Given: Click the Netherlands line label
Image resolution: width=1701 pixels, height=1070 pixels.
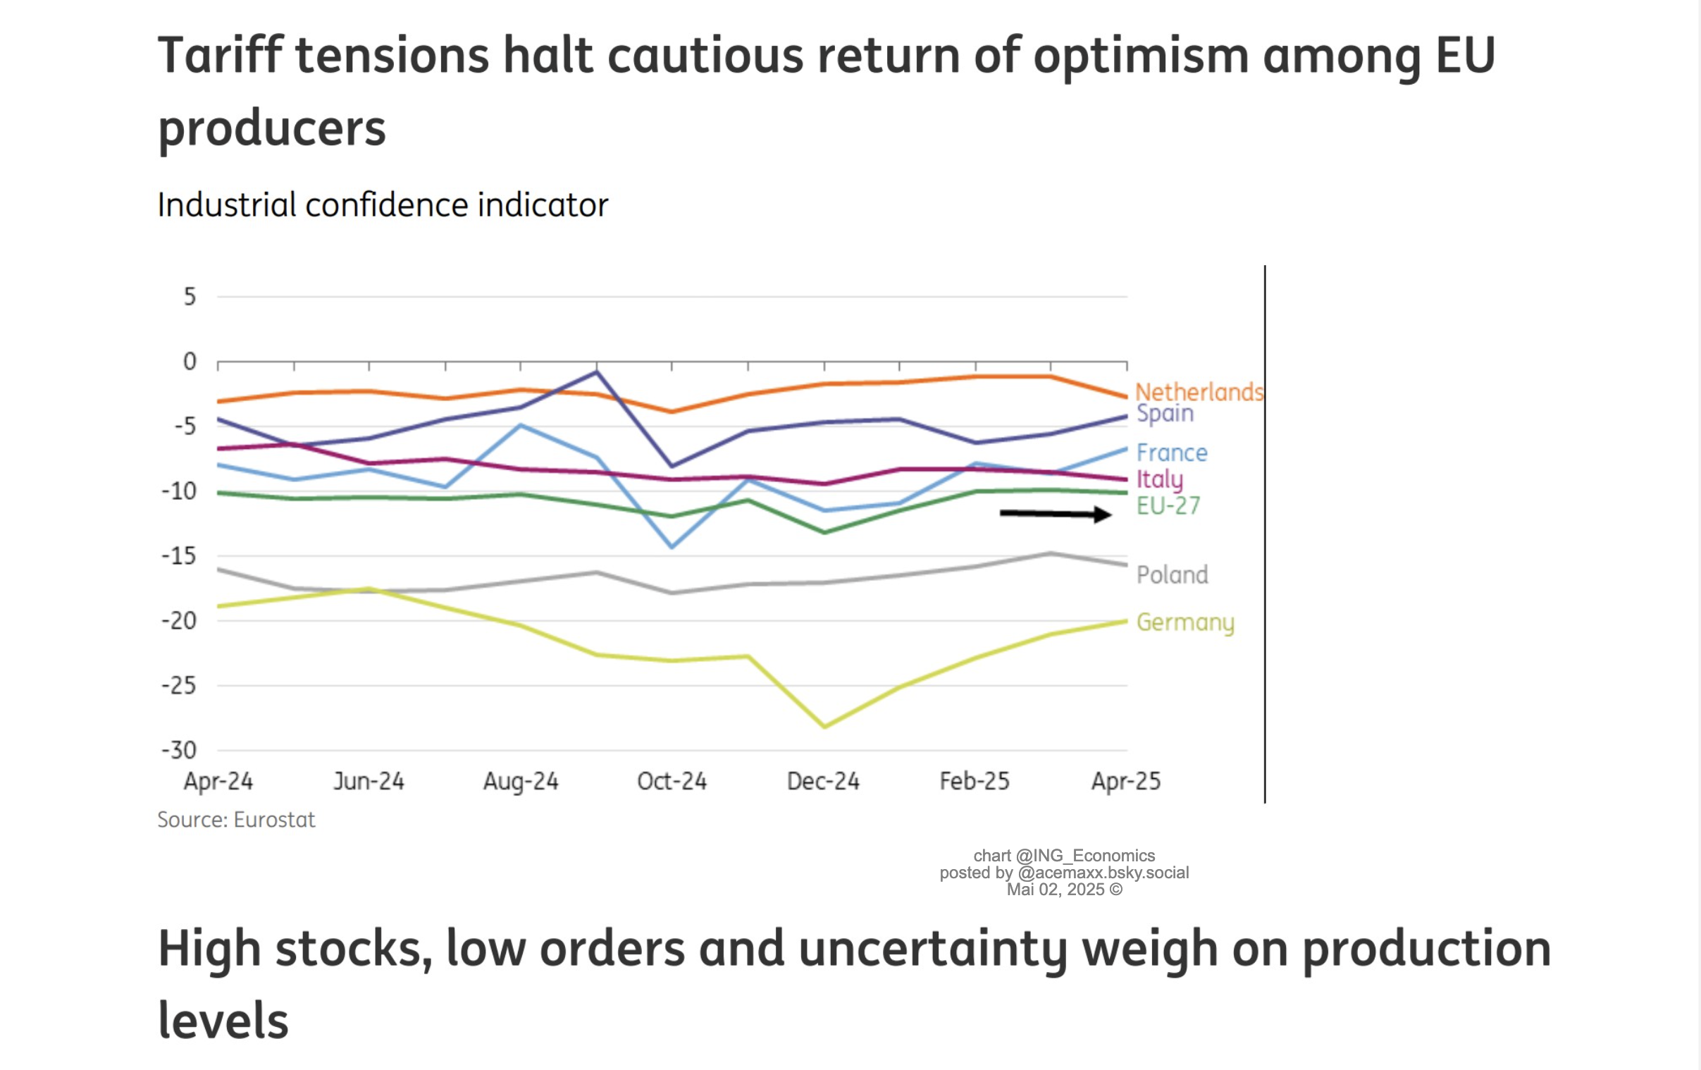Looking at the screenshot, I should [1199, 391].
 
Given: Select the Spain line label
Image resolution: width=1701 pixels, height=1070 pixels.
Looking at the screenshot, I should [1165, 414].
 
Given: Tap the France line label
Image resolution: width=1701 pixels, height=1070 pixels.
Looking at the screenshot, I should [1171, 453].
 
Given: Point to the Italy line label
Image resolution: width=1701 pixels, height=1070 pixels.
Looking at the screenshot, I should [1159, 479].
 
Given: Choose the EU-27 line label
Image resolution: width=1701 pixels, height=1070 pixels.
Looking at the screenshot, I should [1168, 505].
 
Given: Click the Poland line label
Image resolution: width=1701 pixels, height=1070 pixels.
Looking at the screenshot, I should [1172, 574].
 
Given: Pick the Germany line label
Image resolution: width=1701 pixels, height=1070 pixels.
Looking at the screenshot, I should [1184, 622].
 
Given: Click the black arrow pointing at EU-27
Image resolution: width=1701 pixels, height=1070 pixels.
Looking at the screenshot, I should [1056, 514].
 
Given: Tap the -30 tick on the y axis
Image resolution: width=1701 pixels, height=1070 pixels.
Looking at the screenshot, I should [179, 750].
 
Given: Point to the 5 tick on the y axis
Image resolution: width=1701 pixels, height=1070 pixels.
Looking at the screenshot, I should [190, 296].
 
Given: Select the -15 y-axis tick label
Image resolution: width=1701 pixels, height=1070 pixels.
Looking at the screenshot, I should [179, 556].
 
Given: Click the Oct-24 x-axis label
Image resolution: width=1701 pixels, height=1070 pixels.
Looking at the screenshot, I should [671, 781].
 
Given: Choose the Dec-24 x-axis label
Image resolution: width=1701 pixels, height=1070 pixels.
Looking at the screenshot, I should [823, 781].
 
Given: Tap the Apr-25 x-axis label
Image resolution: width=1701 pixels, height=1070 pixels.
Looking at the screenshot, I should [1125, 781].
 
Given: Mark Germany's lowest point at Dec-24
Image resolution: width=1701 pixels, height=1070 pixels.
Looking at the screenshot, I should [824, 726].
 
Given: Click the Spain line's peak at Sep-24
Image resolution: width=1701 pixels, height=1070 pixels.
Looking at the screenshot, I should [597, 371].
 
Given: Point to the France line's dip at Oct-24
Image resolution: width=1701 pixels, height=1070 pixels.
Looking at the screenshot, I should [672, 546].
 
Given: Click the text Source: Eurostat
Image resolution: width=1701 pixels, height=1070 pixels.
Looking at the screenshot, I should [236, 820].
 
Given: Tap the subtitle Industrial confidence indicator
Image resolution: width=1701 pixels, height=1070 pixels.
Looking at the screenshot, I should [382, 205].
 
